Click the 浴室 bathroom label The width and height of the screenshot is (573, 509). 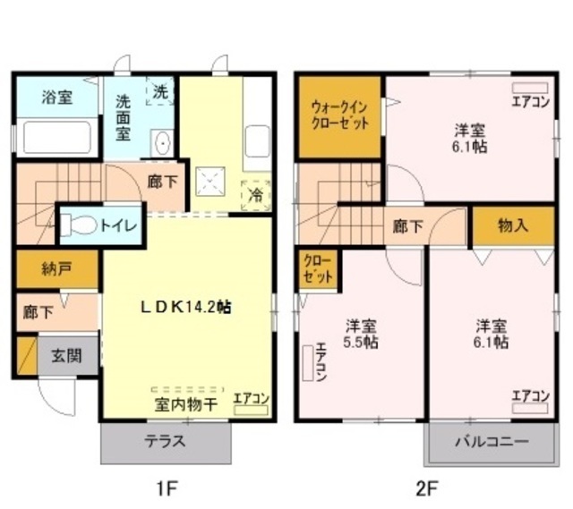(x=57, y=98)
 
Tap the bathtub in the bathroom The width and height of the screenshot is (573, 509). (x=57, y=137)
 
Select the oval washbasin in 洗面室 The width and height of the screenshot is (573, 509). (x=161, y=143)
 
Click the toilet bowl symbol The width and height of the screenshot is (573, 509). (x=79, y=225)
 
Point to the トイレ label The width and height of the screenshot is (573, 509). (x=119, y=225)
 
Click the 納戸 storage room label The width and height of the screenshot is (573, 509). (x=56, y=269)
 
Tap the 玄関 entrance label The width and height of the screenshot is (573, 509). (x=66, y=355)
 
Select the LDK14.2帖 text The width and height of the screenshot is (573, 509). (x=186, y=307)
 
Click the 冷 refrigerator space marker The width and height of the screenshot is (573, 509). (x=256, y=195)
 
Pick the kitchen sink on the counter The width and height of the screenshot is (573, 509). (x=257, y=141)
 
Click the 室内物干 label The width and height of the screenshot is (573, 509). (x=186, y=404)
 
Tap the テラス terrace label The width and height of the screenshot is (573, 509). (x=165, y=441)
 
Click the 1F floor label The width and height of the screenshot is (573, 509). (x=167, y=488)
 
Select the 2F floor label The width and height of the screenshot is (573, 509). (x=426, y=488)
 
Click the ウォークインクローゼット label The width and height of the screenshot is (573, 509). (x=339, y=115)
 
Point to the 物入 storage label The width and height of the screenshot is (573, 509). (x=513, y=226)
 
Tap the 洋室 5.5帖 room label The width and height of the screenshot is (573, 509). (x=361, y=334)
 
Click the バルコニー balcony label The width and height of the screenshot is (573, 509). (x=492, y=442)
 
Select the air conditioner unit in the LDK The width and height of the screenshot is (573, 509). (x=251, y=410)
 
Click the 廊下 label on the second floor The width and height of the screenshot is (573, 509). (x=408, y=226)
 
